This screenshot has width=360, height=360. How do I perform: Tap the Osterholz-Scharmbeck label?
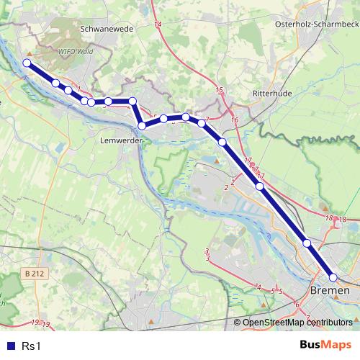(x=317, y=24)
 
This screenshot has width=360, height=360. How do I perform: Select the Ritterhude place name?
(x=271, y=94)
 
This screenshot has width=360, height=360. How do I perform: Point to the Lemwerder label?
(x=120, y=140)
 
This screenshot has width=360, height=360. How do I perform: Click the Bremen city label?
(x=330, y=290)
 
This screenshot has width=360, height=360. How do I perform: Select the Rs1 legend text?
(x=30, y=346)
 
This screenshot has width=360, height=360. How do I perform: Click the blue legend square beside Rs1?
(x=10, y=346)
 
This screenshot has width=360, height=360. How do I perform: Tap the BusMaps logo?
(x=325, y=346)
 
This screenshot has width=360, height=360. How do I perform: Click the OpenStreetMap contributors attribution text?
(x=297, y=323)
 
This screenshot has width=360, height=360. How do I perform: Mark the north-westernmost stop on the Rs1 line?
(x=27, y=63)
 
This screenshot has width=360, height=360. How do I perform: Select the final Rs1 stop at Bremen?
(x=333, y=277)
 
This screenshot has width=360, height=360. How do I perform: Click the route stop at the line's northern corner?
(x=132, y=101)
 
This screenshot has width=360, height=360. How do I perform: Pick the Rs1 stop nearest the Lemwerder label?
(x=142, y=126)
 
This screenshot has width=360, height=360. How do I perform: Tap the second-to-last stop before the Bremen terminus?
(x=307, y=243)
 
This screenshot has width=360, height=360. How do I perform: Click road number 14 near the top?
(x=158, y=25)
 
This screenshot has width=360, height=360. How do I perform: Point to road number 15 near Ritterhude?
(x=220, y=89)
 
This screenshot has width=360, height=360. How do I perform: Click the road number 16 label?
(x=235, y=120)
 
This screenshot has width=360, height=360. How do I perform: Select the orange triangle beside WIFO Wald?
(x=29, y=53)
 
